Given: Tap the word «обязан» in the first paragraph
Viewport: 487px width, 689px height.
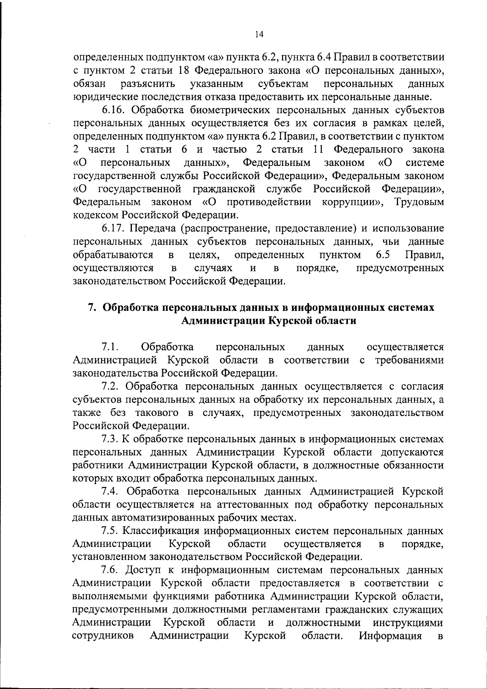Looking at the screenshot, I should [x=90, y=84].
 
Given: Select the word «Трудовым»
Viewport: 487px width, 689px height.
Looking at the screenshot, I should [x=419, y=202].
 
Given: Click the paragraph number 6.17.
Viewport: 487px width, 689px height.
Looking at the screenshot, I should [x=114, y=228].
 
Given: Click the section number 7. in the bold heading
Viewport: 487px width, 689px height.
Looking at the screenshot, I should [x=92, y=308].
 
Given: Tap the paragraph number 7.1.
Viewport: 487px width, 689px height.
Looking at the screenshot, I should [x=110, y=347].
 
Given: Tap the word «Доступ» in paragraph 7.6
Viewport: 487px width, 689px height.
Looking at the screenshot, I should [x=144, y=570].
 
